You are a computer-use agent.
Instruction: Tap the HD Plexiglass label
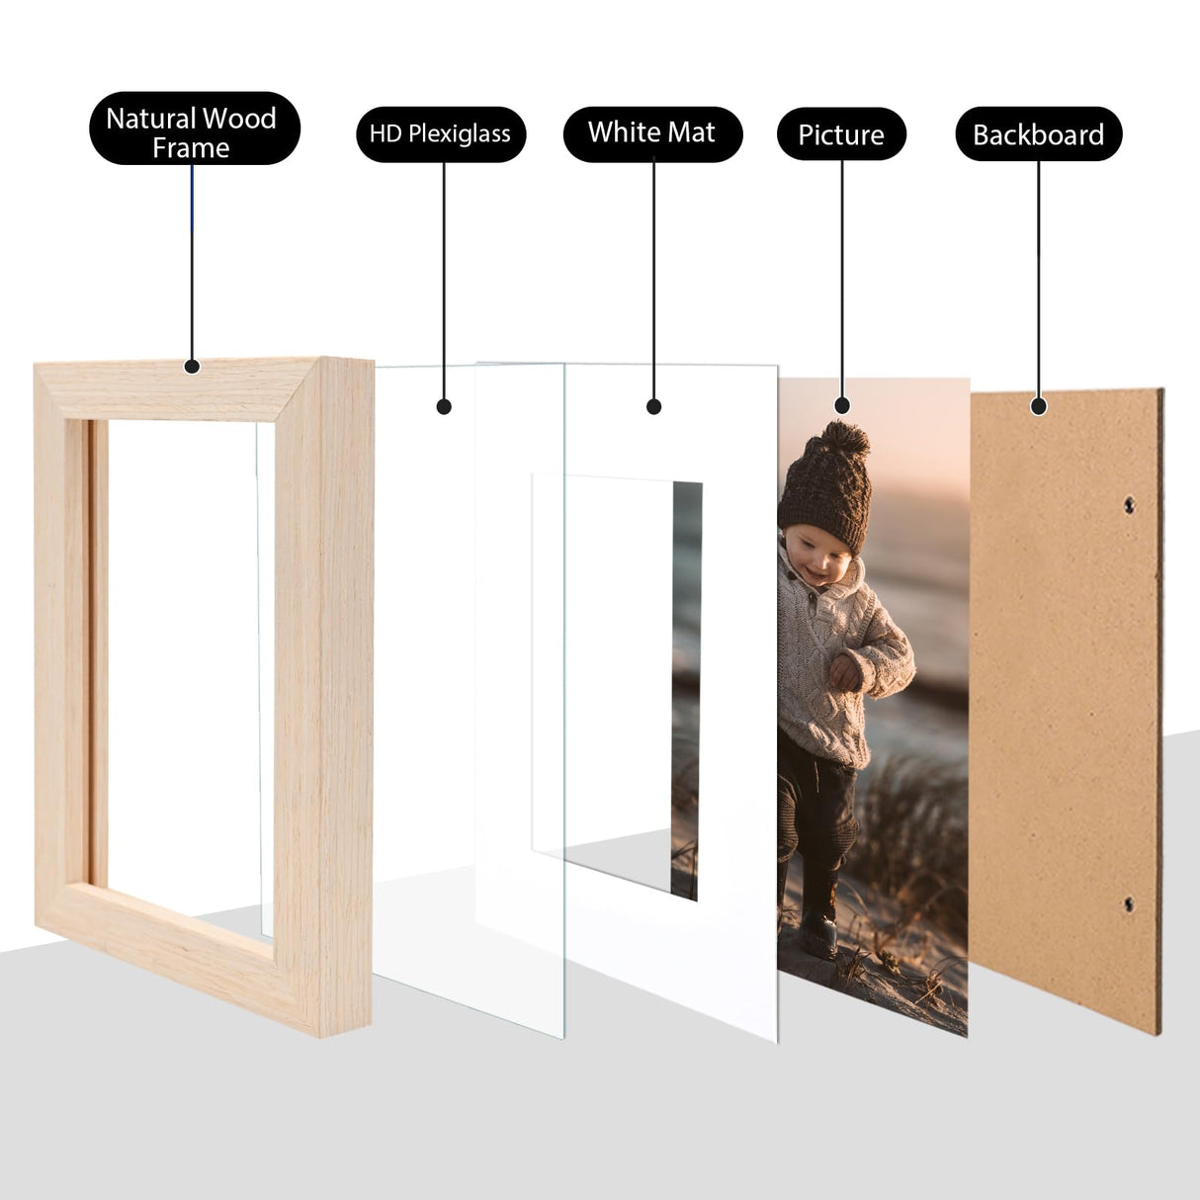[441, 134]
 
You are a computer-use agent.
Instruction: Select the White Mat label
[652, 133]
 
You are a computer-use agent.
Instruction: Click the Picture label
[841, 134]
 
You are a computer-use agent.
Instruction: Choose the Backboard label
[1038, 134]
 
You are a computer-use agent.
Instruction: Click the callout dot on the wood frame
[193, 367]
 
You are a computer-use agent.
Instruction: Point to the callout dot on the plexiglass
[444, 406]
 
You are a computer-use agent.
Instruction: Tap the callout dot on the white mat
[653, 406]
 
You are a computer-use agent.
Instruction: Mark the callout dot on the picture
[842, 405]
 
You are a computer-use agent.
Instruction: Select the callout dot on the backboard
[1038, 405]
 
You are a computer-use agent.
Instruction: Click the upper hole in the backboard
[1130, 506]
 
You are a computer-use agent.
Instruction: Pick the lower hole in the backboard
[1129, 904]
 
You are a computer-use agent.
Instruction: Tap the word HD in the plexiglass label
[386, 134]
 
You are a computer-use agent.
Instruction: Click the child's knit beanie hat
[825, 494]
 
